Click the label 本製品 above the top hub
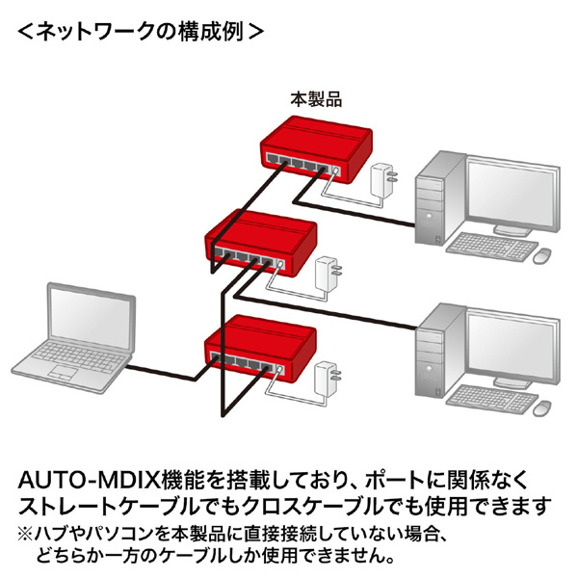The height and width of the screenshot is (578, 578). click(317, 98)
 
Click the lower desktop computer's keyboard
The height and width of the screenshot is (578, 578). click(491, 397)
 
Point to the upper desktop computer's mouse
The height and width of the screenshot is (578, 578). click(542, 254)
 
